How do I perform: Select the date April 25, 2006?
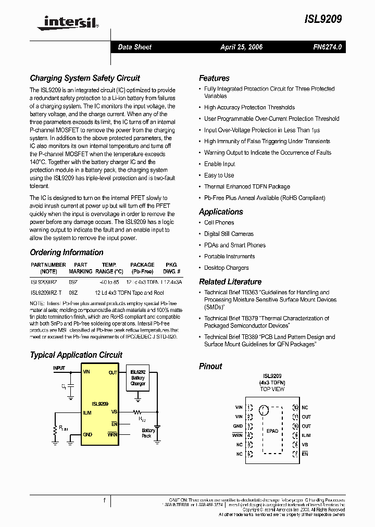[x=241, y=47]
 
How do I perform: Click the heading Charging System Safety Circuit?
[x=84, y=78]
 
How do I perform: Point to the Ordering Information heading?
[x=66, y=253]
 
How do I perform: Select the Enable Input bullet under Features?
[x=219, y=164]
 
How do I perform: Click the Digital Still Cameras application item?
[x=229, y=234]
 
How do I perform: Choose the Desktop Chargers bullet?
[x=226, y=268]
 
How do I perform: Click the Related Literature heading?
[x=230, y=282]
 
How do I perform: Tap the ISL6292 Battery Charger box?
[x=138, y=378]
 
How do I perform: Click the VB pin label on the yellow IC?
[x=114, y=411]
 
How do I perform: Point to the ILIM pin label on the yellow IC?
[x=88, y=411]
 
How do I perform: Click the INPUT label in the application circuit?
[x=59, y=368]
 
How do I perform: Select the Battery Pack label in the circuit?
[x=148, y=433]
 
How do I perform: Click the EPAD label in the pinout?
[x=272, y=431]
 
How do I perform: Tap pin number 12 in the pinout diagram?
[x=295, y=408]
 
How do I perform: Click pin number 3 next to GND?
[x=250, y=426]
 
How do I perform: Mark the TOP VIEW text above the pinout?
[x=272, y=389]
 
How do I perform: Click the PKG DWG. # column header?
[x=171, y=268]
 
